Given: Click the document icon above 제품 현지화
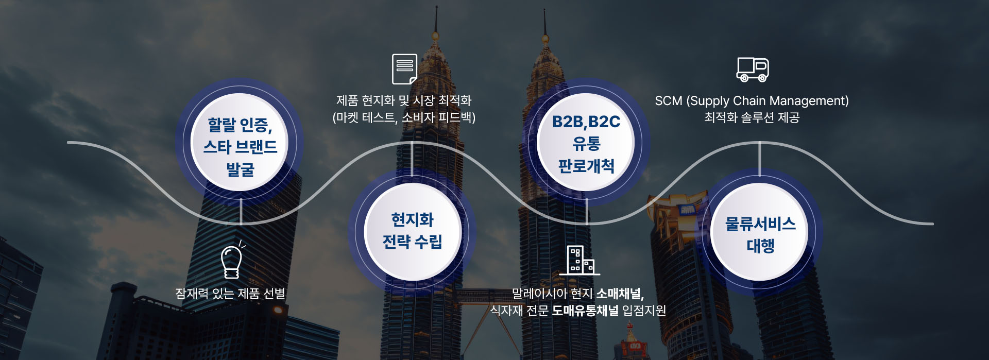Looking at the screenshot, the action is tap(404, 69).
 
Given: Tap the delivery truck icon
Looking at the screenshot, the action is tap(753, 70).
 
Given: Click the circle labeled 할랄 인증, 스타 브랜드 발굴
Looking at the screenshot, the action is tap(240, 142).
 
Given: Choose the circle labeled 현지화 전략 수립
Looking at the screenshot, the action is tap(412, 232).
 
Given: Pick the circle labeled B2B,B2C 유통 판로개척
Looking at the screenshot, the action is tap(586, 142).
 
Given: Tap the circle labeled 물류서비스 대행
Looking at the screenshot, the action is tap(760, 232).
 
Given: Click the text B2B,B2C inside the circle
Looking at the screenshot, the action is tap(586, 122).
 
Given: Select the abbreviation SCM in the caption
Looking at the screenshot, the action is tap(668, 100).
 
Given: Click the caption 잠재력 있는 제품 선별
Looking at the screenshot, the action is tap(230, 294).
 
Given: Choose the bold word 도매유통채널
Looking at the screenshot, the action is tap(585, 310).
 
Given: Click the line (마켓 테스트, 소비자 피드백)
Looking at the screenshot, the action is tap(404, 117).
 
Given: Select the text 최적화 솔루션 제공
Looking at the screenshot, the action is tap(752, 117).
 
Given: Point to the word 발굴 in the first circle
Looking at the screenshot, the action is tap(240, 169).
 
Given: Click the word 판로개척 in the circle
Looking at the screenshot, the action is tap(586, 166).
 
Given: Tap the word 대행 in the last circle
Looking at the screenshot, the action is tap(760, 246).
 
